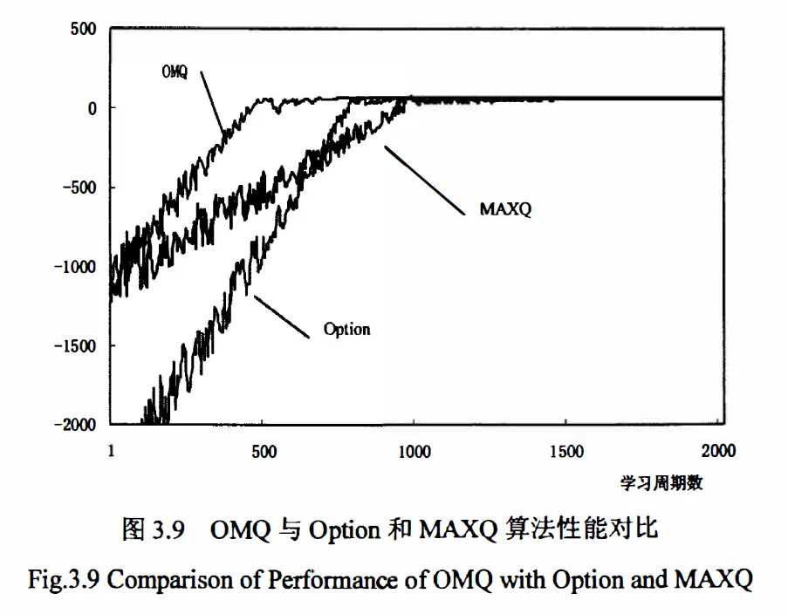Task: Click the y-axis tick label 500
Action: click(x=83, y=28)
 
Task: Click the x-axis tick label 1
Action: click(x=111, y=451)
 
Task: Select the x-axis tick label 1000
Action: click(x=415, y=451)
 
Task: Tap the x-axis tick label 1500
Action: click(x=567, y=451)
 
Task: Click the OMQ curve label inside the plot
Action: click(x=175, y=72)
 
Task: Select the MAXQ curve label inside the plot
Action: click(x=505, y=209)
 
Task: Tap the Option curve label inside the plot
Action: click(x=346, y=330)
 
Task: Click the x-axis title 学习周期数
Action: click(x=661, y=482)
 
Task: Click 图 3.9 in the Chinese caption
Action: click(x=153, y=530)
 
